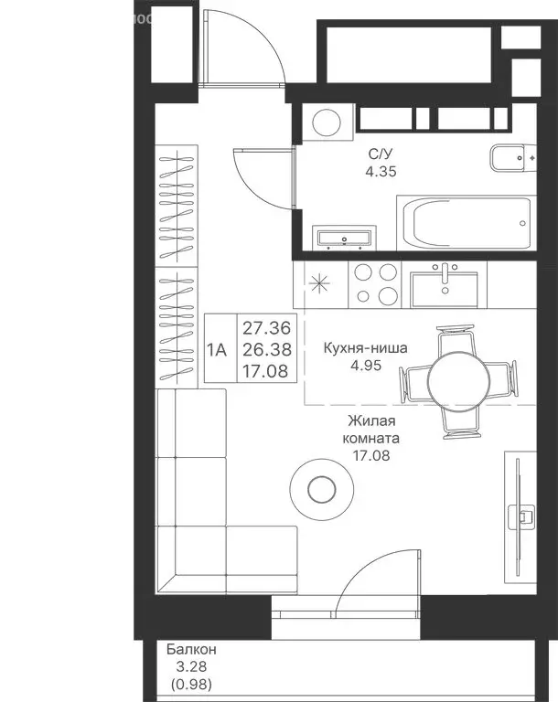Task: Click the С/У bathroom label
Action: (380, 154)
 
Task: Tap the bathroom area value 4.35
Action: (381, 172)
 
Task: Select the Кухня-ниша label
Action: (366, 348)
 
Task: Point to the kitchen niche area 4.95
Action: (366, 366)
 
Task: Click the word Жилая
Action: (371, 420)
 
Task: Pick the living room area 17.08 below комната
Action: (371, 456)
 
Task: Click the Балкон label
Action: (191, 649)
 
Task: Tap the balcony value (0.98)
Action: (191, 684)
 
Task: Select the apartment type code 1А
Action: (217, 350)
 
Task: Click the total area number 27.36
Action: (267, 328)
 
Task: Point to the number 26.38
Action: (267, 350)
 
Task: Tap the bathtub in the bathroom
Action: (467, 222)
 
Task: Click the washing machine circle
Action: (327, 122)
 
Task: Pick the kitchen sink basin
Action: (445, 290)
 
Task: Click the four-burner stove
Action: (376, 285)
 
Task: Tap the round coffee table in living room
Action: (321, 489)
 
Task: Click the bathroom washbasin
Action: (344, 238)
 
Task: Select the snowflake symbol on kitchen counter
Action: (318, 283)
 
